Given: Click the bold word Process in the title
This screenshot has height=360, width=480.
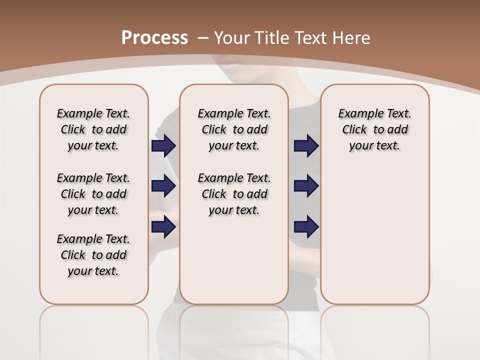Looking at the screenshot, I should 154,38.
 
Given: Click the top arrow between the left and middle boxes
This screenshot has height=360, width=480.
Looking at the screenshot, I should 163,146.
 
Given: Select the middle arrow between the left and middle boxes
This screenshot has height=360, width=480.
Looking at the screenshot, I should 163,186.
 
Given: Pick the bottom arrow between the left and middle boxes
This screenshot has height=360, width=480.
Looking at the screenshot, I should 163,226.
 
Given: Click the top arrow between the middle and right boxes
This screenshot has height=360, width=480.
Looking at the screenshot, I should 306,146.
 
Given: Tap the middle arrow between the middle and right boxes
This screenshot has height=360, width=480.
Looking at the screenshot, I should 306,186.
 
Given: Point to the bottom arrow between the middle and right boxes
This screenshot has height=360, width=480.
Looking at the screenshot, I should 306,226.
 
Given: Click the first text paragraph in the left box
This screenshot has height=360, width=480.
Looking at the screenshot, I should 93,129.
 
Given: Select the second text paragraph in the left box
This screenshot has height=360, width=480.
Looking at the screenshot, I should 93,194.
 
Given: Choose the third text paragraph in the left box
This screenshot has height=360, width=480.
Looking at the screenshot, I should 93,255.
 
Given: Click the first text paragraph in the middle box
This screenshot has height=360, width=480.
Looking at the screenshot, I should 234,129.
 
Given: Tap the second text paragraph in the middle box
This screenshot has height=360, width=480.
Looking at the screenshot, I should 234,194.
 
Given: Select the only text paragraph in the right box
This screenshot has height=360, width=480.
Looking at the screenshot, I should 374,129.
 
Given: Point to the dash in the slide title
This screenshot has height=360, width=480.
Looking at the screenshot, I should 202,38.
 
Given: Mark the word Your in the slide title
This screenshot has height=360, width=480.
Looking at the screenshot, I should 232,38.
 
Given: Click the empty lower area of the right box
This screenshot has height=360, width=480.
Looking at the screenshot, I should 374,235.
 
